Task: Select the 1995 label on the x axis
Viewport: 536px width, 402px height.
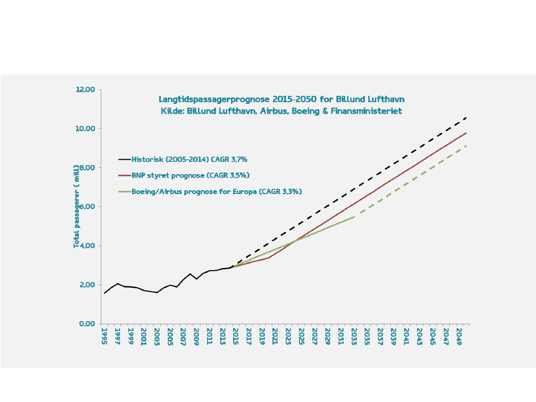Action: click(x=105, y=337)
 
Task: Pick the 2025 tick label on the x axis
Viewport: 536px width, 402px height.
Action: click(x=302, y=337)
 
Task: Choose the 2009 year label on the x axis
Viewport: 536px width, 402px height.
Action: click(x=197, y=337)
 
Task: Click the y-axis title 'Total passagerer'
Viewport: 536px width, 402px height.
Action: click(x=77, y=206)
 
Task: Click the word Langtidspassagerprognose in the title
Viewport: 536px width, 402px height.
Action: click(x=214, y=99)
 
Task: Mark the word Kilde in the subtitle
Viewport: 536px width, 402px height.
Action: click(x=172, y=111)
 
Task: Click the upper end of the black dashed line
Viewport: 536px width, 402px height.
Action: click(x=467, y=117)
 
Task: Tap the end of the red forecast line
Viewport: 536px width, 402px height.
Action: click(x=466, y=133)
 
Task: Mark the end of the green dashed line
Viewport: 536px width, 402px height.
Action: click(x=466, y=146)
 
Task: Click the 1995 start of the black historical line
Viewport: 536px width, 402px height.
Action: click(x=105, y=293)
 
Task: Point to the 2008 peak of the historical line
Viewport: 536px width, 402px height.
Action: click(x=190, y=274)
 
